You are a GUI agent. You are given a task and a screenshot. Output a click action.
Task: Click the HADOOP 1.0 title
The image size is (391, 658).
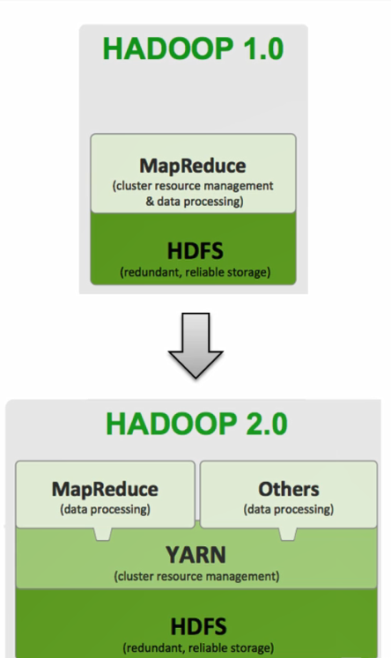pyautogui.click(x=193, y=48)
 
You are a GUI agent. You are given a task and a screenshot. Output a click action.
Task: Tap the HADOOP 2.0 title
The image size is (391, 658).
pyautogui.click(x=196, y=424)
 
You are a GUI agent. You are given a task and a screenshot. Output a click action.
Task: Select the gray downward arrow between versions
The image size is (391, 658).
pyautogui.click(x=195, y=346)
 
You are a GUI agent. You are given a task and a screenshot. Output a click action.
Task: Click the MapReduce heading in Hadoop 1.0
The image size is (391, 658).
pyautogui.click(x=193, y=166)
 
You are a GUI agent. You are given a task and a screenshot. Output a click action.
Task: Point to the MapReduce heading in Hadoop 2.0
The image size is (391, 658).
pyautogui.click(x=105, y=489)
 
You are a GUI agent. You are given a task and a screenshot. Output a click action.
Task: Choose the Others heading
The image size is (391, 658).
pyautogui.click(x=289, y=489)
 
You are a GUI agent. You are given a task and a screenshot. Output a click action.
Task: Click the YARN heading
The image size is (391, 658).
pyautogui.click(x=195, y=555)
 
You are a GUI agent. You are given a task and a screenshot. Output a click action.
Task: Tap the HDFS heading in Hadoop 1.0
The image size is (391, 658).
pyautogui.click(x=195, y=251)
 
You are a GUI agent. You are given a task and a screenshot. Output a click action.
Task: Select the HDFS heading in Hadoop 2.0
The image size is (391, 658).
pyautogui.click(x=198, y=626)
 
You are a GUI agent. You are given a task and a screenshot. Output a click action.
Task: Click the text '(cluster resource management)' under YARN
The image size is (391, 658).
pyautogui.click(x=196, y=576)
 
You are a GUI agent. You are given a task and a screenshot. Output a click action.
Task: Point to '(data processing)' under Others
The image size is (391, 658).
pyautogui.click(x=289, y=509)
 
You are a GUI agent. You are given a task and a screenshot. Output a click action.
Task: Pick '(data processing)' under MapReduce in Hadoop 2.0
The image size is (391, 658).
pyautogui.click(x=105, y=509)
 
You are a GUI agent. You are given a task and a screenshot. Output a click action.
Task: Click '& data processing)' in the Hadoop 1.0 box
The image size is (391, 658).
pyautogui.click(x=195, y=202)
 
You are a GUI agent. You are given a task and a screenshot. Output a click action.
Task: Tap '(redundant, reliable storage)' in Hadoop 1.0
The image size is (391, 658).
pyautogui.click(x=195, y=272)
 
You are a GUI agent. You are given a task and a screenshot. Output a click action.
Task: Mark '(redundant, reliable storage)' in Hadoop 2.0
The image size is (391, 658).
pyautogui.click(x=198, y=648)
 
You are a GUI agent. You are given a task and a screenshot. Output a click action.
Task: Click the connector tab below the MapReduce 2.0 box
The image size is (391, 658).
pyautogui.click(x=103, y=534)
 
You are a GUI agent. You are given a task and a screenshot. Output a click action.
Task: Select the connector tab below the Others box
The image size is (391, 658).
pyautogui.click(x=288, y=534)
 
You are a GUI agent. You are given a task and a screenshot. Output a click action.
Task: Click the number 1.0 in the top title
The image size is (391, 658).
pyautogui.click(x=263, y=48)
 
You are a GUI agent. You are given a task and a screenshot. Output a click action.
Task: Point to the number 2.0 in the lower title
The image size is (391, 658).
pyautogui.click(x=267, y=424)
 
